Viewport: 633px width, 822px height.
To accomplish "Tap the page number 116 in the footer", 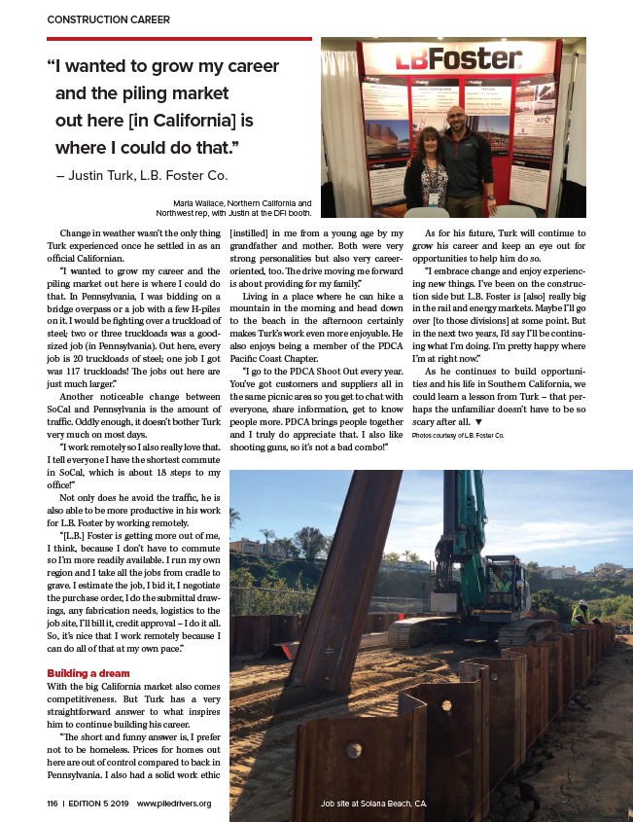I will click(52, 804).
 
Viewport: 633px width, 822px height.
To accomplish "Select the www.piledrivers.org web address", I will click(174, 804).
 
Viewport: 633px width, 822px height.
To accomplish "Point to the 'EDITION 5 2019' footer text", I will click(99, 804).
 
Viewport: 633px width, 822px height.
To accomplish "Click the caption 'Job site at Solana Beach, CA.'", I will click(374, 804).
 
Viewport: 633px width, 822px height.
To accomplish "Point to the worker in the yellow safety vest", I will click(580, 613).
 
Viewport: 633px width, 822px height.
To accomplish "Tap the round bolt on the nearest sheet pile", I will click(353, 749).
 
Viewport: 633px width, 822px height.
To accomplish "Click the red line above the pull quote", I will click(179, 39).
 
